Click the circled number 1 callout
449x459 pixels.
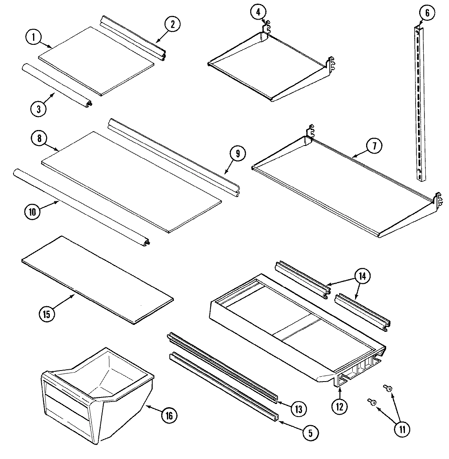coord(34,38)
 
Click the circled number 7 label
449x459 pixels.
coord(375,146)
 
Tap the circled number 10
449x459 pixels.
coord(33,212)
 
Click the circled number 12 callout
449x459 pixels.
coord(340,406)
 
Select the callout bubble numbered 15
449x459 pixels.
coord(47,314)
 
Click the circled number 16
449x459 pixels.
coord(169,415)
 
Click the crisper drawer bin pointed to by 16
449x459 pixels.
coord(98,391)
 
